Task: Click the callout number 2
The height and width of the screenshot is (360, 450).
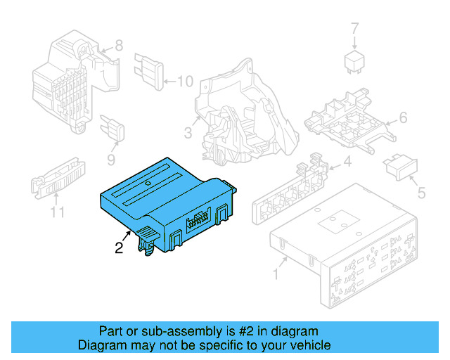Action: pyautogui.click(x=119, y=247)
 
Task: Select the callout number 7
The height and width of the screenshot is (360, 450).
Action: pyautogui.click(x=355, y=28)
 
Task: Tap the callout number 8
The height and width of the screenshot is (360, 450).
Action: pyautogui.click(x=118, y=46)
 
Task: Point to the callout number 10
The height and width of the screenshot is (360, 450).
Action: pyautogui.click(x=184, y=82)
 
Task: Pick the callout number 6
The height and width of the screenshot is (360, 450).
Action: pyautogui.click(x=403, y=117)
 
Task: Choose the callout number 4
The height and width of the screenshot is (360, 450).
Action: pyautogui.click(x=347, y=164)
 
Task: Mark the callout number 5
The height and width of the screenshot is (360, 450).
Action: pyautogui.click(x=421, y=192)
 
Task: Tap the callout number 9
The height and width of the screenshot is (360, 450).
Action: pyautogui.click(x=111, y=160)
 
